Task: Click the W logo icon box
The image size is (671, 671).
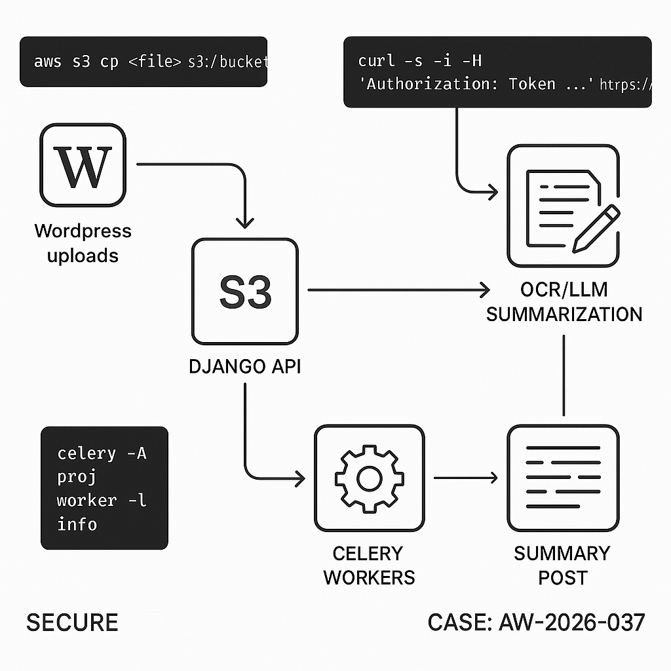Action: click(83, 165)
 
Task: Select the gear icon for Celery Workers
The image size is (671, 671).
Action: click(369, 478)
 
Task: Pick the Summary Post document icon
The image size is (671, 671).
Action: click(563, 478)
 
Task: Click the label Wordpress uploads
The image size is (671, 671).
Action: click(83, 242)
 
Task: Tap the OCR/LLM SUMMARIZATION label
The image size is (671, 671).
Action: click(564, 302)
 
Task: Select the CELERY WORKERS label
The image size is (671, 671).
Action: click(369, 565)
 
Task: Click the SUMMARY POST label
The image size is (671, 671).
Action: click(562, 565)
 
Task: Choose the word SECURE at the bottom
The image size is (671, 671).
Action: click(72, 622)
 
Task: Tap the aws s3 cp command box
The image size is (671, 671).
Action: click(144, 62)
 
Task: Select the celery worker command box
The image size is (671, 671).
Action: click(104, 488)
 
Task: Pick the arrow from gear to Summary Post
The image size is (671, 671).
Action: click(465, 478)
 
